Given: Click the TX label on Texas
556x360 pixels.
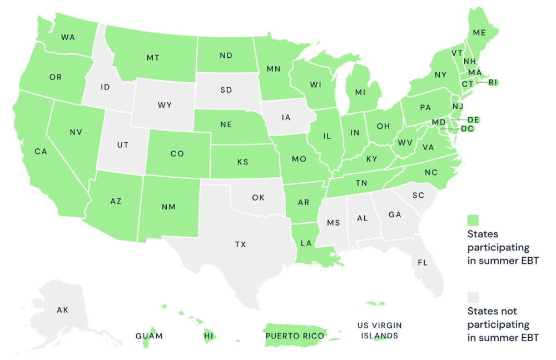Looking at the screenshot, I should coord(240,244).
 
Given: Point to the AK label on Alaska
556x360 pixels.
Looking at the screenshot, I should coord(62,309).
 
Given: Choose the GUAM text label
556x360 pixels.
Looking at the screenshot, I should coord(149,336).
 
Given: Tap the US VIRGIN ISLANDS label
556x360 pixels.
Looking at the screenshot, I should coord(380,330).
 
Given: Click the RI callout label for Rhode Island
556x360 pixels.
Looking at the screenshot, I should coord(493,82).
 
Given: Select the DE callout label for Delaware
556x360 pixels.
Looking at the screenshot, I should coord(473,119).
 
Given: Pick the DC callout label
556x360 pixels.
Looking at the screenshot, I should coord(467,128).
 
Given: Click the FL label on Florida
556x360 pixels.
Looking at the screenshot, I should coord(422,262).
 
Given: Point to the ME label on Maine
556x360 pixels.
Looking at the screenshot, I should coord(479,33).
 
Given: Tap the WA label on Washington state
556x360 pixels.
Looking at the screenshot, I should coord(68,37).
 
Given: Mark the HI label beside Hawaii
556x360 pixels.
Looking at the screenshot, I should coord(209,336).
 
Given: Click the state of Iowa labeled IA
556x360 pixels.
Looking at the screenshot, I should coord(286,117).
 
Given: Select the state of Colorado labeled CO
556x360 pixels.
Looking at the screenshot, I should coord(177,153).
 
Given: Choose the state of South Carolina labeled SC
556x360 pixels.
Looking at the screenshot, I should coord(418,196).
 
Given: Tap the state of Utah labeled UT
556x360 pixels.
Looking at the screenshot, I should coord(122,144).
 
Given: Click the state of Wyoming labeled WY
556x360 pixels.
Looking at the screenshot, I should coord(165,104).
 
